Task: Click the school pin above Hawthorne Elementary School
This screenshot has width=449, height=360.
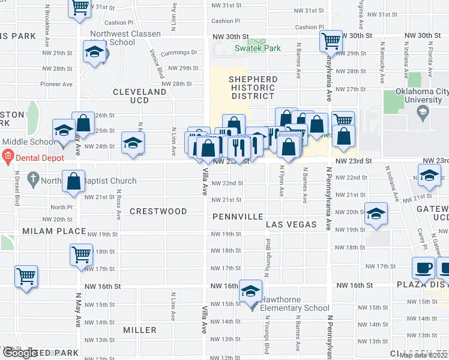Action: pos(251,292)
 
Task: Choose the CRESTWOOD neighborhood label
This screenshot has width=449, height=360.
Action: pos(158,212)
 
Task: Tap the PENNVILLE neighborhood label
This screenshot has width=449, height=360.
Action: pos(237,215)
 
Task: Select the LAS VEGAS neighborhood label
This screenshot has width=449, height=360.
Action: pos(291,224)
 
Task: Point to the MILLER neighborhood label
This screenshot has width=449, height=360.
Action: pos(139,330)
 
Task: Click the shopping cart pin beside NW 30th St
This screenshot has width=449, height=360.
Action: pos(331,41)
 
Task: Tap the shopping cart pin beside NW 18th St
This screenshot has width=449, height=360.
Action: pos(81,254)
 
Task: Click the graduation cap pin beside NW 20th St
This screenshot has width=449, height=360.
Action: pos(376,214)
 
